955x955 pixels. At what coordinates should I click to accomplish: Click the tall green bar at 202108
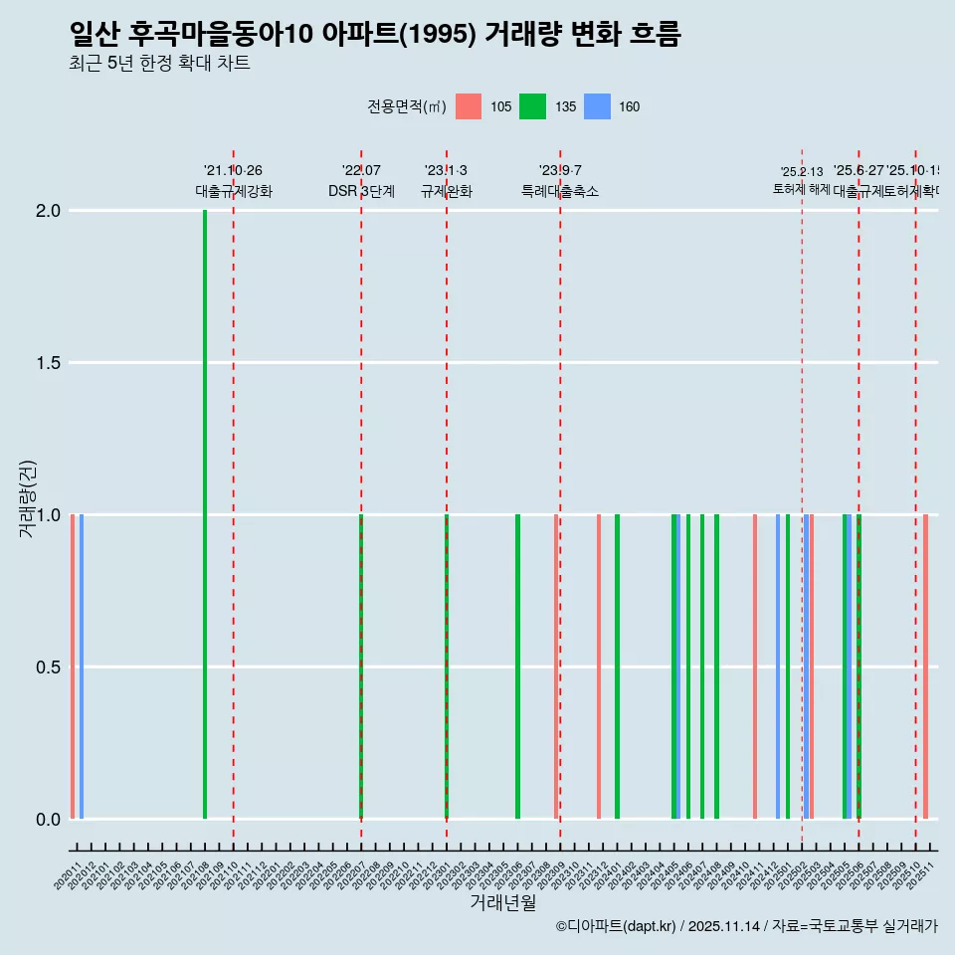pos(205,513)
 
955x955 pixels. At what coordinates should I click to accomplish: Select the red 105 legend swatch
pos(469,107)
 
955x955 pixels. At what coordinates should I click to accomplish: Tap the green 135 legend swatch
pos(532,107)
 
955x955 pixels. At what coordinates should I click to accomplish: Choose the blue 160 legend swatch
pos(596,107)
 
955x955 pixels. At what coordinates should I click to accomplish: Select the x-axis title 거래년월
pos(502,903)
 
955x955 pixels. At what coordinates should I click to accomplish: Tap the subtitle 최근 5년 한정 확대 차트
pos(159,64)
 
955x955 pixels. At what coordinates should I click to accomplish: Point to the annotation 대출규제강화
pos(233,192)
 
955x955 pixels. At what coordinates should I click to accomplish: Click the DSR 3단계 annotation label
pos(361,192)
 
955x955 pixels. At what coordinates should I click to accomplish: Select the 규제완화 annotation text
pos(446,192)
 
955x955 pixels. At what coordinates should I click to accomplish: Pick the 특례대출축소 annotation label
pos(559,192)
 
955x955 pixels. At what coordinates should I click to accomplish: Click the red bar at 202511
pos(925,667)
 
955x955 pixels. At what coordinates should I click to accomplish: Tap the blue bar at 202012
pos(82,667)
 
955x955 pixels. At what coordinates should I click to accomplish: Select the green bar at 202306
pos(517,667)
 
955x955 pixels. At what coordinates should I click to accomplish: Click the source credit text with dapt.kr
pos(746,926)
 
